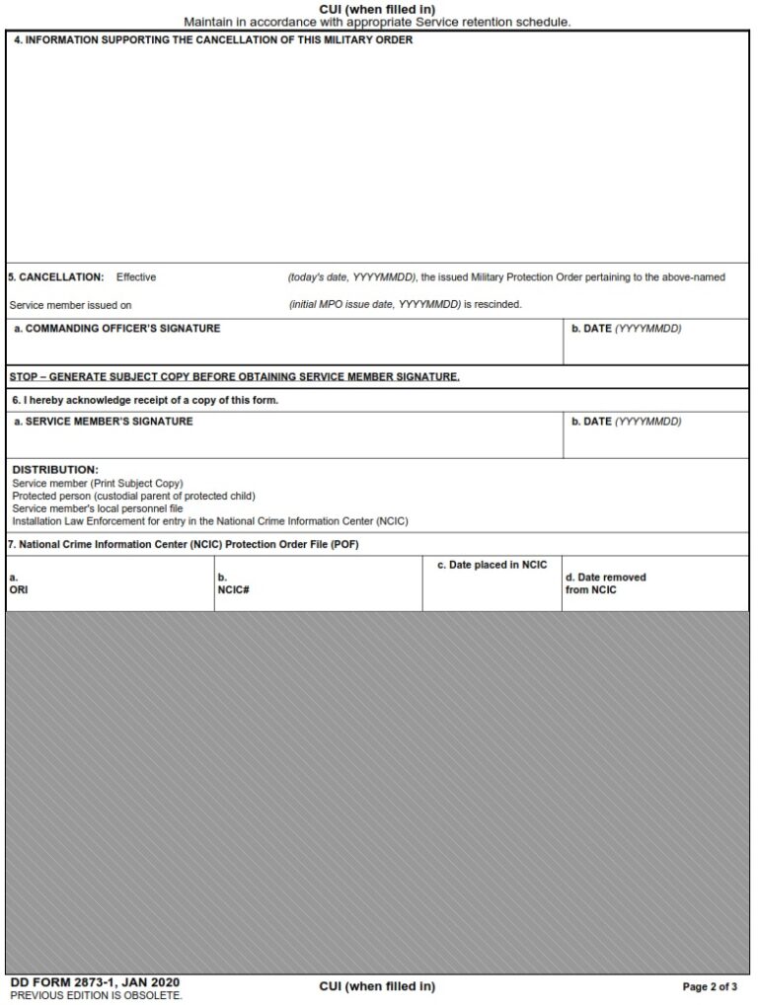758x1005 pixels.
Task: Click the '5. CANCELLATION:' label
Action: point(56,277)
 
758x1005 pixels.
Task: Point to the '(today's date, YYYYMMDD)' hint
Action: point(351,277)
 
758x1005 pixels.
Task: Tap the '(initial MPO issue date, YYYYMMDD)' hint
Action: point(375,305)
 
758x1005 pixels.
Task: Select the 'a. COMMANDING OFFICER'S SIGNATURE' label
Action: point(117,329)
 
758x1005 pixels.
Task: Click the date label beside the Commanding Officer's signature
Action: point(626,329)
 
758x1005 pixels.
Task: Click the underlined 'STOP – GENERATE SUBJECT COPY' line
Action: point(235,377)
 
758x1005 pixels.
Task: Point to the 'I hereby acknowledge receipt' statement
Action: point(145,400)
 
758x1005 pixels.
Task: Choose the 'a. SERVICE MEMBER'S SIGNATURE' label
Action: point(104,422)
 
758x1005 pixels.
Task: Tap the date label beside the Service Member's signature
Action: point(626,422)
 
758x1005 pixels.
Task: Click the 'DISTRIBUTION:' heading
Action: point(55,469)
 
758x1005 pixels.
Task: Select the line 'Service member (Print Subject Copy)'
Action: point(98,483)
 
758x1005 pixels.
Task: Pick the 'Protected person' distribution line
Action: point(133,496)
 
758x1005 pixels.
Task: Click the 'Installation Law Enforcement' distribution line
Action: point(210,520)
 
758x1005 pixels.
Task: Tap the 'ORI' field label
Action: point(19,589)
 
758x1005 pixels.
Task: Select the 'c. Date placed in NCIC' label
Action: point(492,565)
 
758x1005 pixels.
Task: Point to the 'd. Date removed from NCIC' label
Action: point(605,583)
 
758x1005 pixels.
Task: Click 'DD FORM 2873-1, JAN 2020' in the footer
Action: point(95,983)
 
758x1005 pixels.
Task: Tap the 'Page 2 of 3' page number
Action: point(710,986)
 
